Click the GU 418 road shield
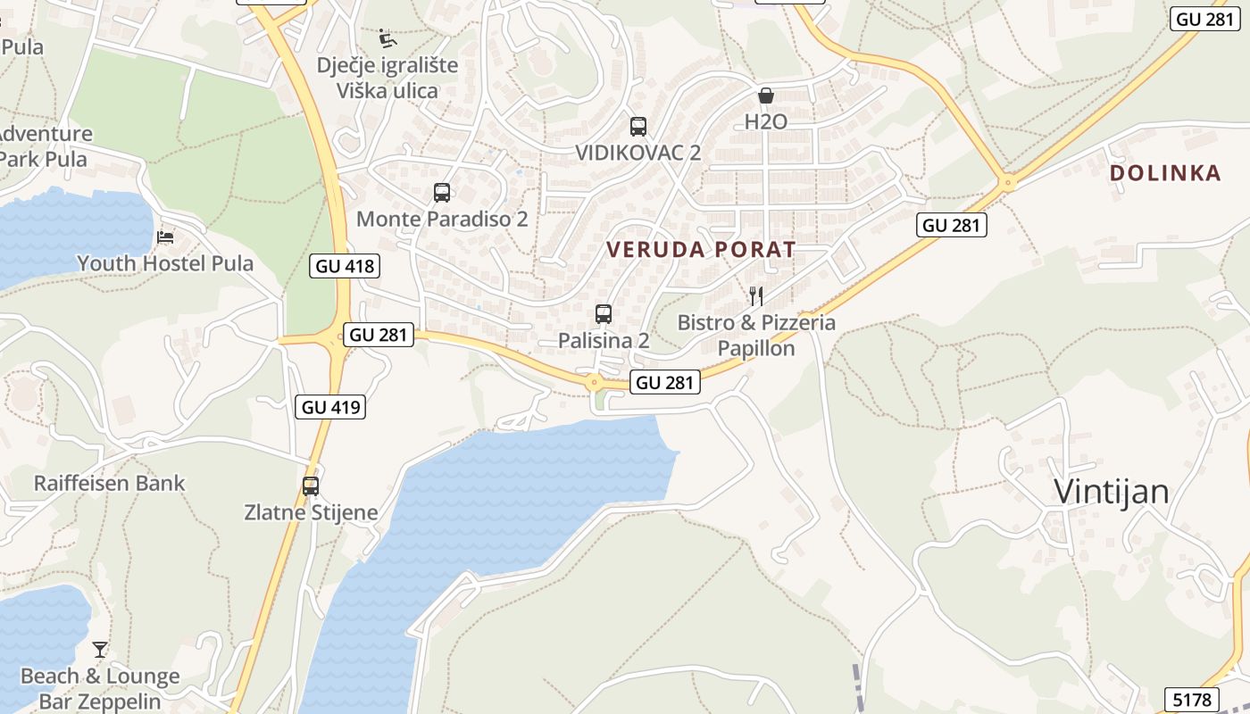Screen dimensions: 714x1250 click(x=344, y=266)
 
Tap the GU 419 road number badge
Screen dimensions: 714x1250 click(x=330, y=407)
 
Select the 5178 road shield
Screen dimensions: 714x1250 click(x=1192, y=699)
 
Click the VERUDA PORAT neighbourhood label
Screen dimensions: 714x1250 click(x=701, y=250)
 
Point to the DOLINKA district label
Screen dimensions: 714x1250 click(x=1165, y=173)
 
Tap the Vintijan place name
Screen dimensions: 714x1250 click(x=1112, y=492)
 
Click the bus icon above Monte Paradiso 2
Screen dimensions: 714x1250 click(x=442, y=193)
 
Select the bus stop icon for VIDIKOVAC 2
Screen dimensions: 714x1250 click(x=637, y=127)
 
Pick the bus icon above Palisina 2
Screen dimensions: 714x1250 click(x=604, y=314)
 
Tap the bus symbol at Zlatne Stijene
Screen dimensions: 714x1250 click(x=311, y=486)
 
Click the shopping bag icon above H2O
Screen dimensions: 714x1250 click(x=765, y=95)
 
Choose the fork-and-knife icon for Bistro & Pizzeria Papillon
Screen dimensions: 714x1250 click(x=756, y=295)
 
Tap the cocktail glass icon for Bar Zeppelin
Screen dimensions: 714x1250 click(x=100, y=650)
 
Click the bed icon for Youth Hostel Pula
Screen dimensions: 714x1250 click(x=165, y=237)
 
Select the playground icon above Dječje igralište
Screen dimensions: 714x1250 click(x=387, y=38)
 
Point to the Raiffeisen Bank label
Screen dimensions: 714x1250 click(x=110, y=484)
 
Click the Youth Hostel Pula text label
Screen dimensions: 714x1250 click(x=165, y=263)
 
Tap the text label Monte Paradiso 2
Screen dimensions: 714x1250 click(x=442, y=219)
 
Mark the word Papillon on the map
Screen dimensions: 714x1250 click(x=756, y=348)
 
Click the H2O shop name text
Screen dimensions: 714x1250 click(x=766, y=122)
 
